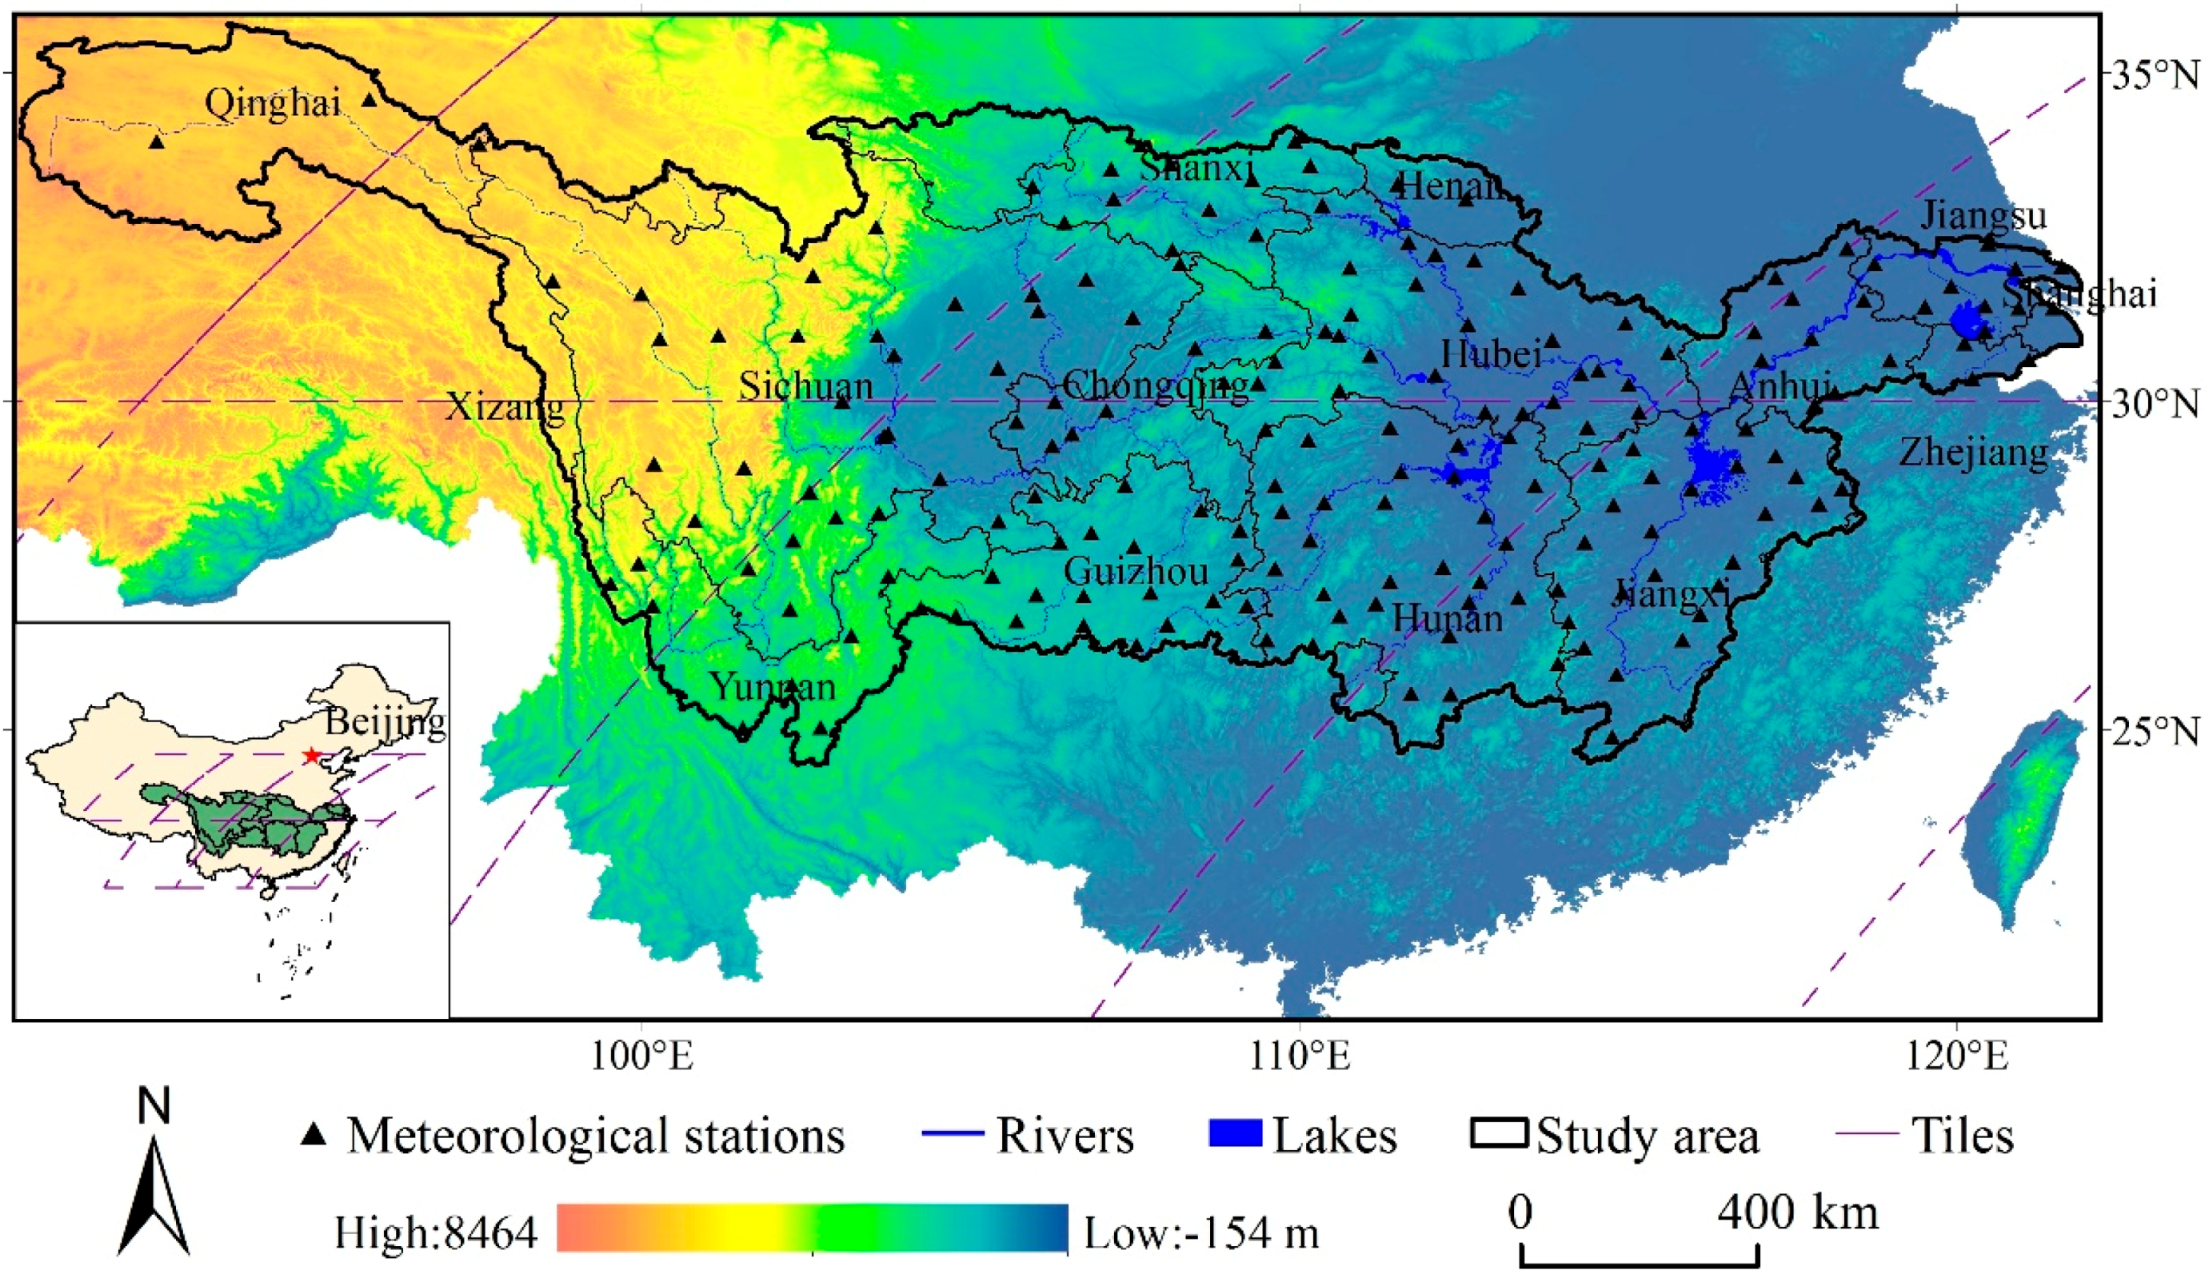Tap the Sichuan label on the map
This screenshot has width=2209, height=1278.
point(805,385)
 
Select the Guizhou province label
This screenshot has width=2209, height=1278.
point(1136,572)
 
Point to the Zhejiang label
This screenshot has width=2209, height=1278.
point(1973,453)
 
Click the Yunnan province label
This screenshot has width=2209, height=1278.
point(773,686)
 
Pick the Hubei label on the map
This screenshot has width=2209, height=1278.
point(1491,353)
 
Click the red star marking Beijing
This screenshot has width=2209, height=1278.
point(310,755)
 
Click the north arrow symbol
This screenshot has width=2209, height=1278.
point(154,1192)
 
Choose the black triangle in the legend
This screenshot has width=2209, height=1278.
point(313,1135)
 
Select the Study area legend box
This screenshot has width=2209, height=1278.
point(1498,1133)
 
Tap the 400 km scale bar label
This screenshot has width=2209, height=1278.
point(1797,1213)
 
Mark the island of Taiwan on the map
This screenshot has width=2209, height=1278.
point(2020,824)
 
